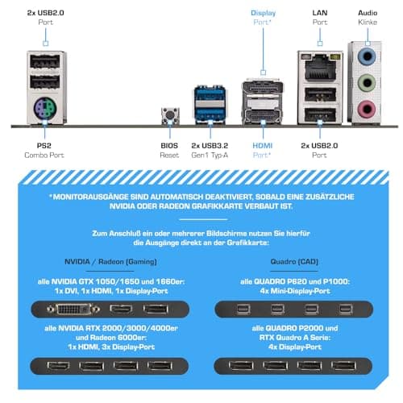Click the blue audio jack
[x=367, y=57]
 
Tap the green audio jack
[x=367, y=83]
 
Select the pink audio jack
[x=367, y=109]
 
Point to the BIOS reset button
[x=170, y=115]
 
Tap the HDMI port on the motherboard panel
[x=263, y=116]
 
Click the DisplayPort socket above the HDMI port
[x=263, y=88]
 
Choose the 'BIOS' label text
[x=169, y=146]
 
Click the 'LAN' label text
[x=320, y=13]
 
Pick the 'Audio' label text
[x=368, y=13]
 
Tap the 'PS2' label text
[x=44, y=146]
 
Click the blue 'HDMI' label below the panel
[x=263, y=146]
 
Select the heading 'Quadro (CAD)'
[x=294, y=261]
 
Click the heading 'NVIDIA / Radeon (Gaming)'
[x=110, y=261]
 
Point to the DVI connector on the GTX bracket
[x=73, y=310]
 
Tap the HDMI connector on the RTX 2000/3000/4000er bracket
[x=58, y=366]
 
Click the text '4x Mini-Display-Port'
[x=295, y=291]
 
